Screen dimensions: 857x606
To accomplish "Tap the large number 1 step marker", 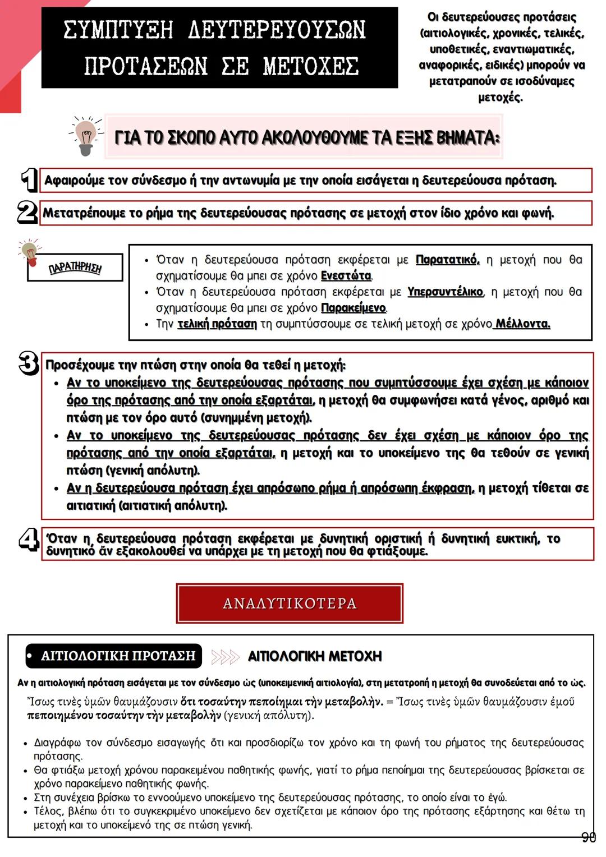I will pos(29,180).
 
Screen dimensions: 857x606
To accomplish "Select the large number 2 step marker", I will pos(27,213).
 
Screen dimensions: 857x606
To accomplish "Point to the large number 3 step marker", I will pos(29,363).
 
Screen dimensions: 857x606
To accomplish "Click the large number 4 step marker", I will pos(29,540).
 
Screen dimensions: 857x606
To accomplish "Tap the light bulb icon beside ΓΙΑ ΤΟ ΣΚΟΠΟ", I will pos(85,136).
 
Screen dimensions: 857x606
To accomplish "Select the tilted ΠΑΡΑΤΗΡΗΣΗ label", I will pos(75,268).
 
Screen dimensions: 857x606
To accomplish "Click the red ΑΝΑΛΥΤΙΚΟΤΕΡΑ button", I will pos(290,603).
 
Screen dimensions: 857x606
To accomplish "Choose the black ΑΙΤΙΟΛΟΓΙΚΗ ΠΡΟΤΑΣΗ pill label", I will pos(114,656).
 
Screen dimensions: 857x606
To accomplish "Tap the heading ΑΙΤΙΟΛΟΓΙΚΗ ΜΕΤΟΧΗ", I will pos(315,656).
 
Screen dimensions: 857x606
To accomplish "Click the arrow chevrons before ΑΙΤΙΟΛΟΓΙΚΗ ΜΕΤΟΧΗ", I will pos(225,656).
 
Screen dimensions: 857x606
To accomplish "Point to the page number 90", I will pos(588,838).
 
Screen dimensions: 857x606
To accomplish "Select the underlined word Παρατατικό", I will pos(447,260).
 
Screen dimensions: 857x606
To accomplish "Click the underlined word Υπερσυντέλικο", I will pos(445,292).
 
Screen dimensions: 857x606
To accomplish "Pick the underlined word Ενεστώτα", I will pos(346,276).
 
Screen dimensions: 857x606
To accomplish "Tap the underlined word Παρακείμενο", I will pos(353,308).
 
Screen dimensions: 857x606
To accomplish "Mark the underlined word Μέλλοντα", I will pos(522,324).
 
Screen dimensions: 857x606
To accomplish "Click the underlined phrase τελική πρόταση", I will pos(217,324).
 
